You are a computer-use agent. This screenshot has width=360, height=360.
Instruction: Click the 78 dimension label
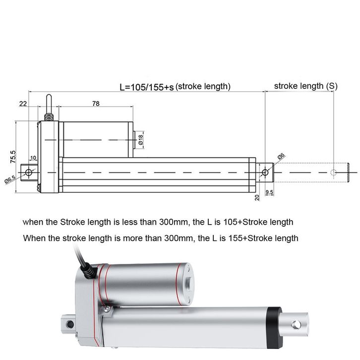click(96, 104)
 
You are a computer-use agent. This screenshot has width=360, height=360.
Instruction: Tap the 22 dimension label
click(23, 104)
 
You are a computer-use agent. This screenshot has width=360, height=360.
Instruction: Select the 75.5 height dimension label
click(13, 157)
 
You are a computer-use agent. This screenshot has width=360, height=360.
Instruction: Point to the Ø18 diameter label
click(140, 140)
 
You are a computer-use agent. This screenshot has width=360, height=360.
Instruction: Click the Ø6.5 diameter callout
click(10, 180)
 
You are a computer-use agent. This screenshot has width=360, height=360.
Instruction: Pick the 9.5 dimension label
click(269, 192)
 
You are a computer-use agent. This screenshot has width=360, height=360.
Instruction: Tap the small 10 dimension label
click(33, 158)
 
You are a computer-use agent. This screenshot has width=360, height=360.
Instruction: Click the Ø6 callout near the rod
click(281, 156)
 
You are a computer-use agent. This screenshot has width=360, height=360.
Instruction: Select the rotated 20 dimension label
click(257, 198)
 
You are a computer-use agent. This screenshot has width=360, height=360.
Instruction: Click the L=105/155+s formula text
click(147, 87)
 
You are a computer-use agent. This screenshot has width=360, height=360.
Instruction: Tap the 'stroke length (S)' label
click(306, 86)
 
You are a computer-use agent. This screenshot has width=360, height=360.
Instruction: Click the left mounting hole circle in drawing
click(29, 172)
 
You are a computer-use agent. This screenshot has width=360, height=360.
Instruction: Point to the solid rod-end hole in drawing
click(265, 172)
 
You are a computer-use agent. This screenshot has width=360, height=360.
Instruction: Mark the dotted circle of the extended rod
click(333, 172)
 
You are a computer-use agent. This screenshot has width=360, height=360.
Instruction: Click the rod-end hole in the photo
click(296, 325)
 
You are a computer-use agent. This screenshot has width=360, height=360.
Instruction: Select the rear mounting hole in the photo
click(70, 324)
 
